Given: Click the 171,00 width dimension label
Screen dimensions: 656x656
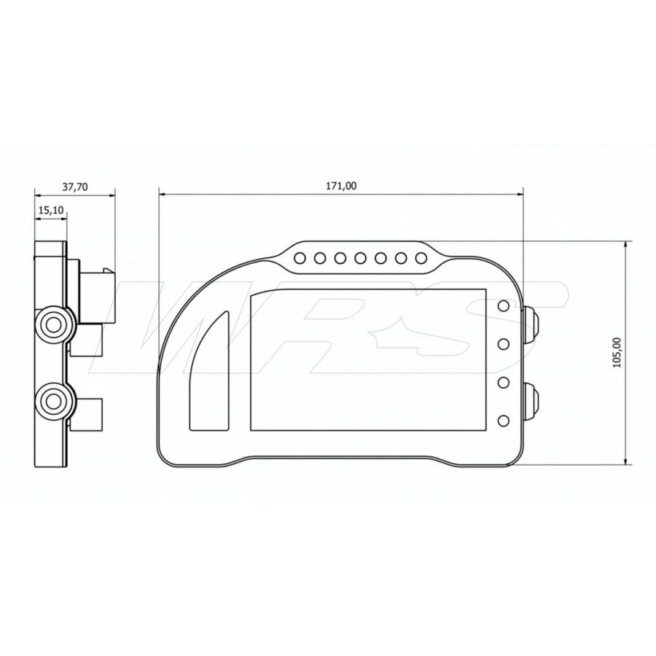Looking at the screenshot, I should (x=341, y=186).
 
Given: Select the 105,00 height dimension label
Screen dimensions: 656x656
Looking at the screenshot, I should (x=617, y=353).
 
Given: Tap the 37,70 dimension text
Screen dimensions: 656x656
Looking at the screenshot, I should (x=74, y=187).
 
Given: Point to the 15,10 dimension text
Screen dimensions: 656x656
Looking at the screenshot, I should (x=51, y=210).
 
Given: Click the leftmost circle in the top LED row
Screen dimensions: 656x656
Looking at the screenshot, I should (x=299, y=257).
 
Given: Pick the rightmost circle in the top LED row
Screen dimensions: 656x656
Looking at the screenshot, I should (x=421, y=257).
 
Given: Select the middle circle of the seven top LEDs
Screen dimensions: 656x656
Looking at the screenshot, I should (x=360, y=257).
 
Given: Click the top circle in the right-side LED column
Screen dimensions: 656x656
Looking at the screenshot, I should (x=503, y=306).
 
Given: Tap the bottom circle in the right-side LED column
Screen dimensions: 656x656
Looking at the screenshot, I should (x=503, y=420).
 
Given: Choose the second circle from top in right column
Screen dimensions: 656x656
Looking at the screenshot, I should (x=503, y=343).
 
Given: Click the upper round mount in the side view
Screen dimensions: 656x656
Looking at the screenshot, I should (x=55, y=324).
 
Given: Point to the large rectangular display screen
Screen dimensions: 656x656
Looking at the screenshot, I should (x=368, y=359).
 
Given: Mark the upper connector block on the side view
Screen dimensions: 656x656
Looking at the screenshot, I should (x=95, y=295).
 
